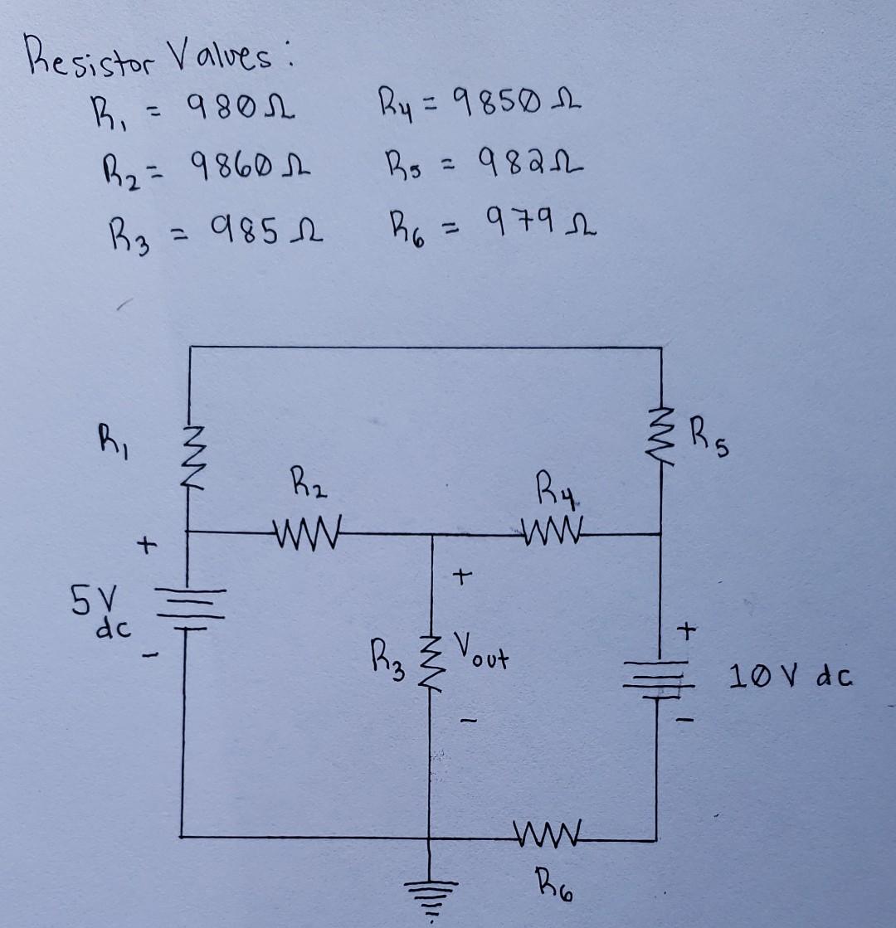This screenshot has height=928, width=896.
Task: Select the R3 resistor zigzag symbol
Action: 430,659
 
